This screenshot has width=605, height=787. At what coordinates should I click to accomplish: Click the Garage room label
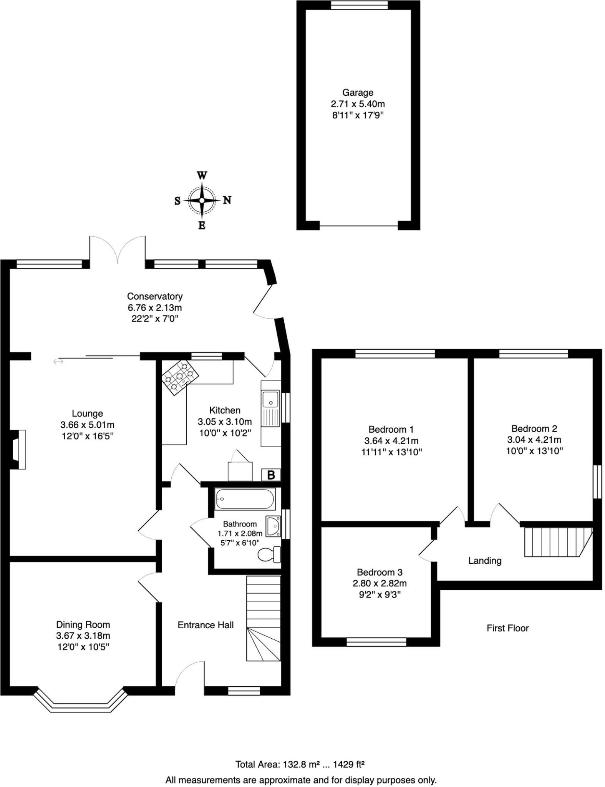(x=358, y=93)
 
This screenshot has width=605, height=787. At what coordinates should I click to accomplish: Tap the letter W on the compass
(x=202, y=176)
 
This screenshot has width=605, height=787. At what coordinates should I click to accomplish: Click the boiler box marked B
(x=271, y=475)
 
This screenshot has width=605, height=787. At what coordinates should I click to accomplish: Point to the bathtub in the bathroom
(x=245, y=499)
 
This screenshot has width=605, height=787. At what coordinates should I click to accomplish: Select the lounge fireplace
(x=18, y=450)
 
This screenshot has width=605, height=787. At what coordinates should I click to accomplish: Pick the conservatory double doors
(x=118, y=250)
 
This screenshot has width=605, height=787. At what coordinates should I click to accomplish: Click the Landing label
(x=485, y=561)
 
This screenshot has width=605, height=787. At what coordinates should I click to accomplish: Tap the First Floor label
(x=507, y=628)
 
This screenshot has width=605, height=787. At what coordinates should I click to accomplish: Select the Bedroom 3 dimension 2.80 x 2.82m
(x=380, y=583)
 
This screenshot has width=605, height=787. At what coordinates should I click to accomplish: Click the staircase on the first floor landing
(x=557, y=542)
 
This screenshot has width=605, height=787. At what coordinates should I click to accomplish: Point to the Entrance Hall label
(x=206, y=625)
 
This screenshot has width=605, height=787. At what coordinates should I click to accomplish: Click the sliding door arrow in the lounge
(x=58, y=362)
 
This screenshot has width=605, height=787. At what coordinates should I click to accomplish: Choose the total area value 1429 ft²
(x=349, y=754)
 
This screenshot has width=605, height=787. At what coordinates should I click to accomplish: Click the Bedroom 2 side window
(x=597, y=482)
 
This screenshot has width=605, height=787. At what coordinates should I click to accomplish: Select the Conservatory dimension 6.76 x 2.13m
(x=155, y=307)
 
